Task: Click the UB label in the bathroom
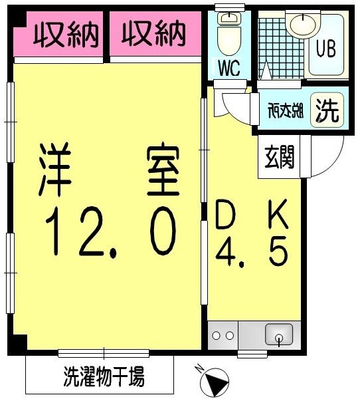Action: pyautogui.click(x=325, y=49)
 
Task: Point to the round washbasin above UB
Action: pyautogui.click(x=303, y=25)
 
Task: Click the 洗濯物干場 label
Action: pyautogui.click(x=104, y=378)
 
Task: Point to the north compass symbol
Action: pyautogui.click(x=214, y=382)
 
